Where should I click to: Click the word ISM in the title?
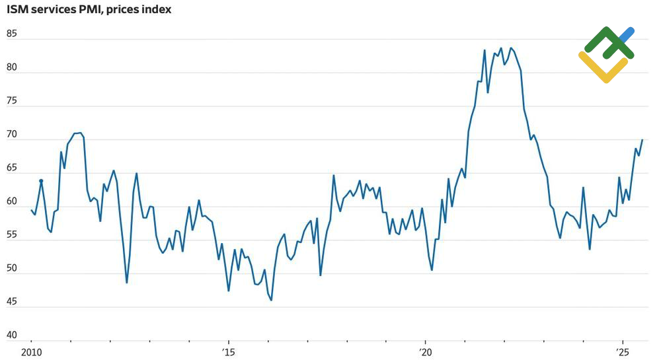click(18, 9)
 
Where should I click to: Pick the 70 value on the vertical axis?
click(12, 134)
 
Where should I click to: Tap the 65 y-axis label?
click(12, 168)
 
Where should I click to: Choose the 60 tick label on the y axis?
click(12, 201)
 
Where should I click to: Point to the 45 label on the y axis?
click(12, 302)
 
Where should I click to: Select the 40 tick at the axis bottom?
click(12, 336)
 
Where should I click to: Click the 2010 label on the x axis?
click(31, 351)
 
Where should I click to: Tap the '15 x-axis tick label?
click(228, 351)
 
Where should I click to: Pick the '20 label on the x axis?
click(425, 351)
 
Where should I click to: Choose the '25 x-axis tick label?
click(622, 351)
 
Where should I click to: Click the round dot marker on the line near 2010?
click(41, 180)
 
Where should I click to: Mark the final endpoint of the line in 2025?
click(642, 140)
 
